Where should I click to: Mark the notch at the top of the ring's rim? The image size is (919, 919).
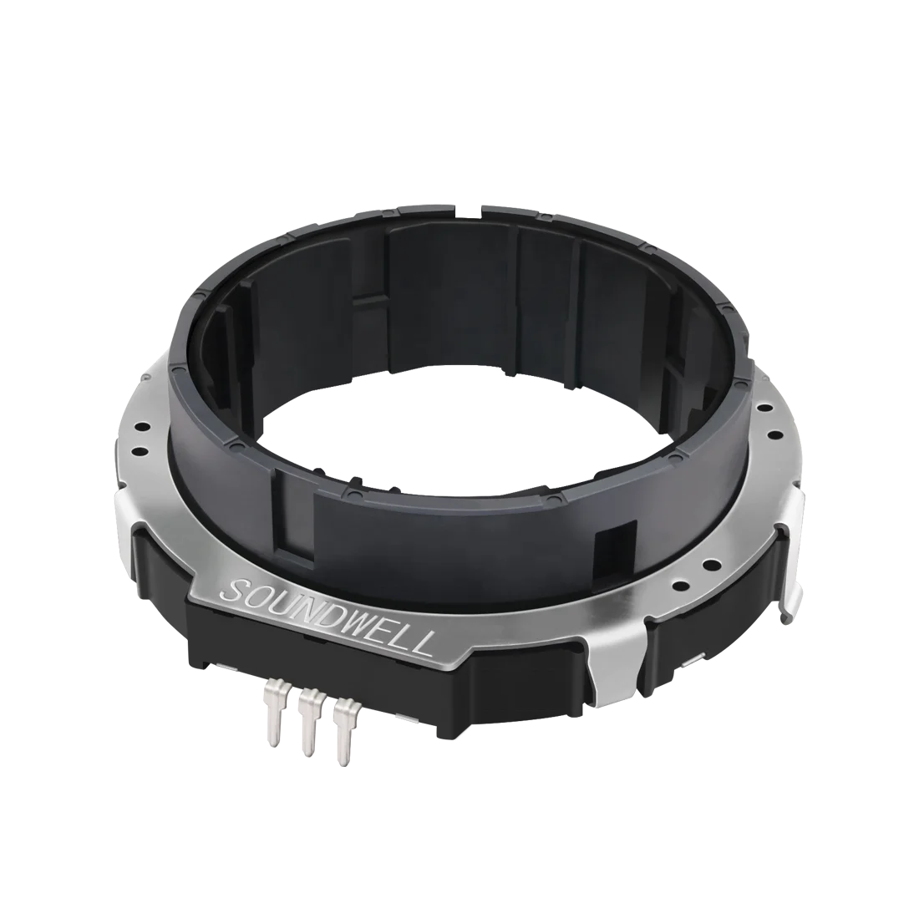coord(478,204)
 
